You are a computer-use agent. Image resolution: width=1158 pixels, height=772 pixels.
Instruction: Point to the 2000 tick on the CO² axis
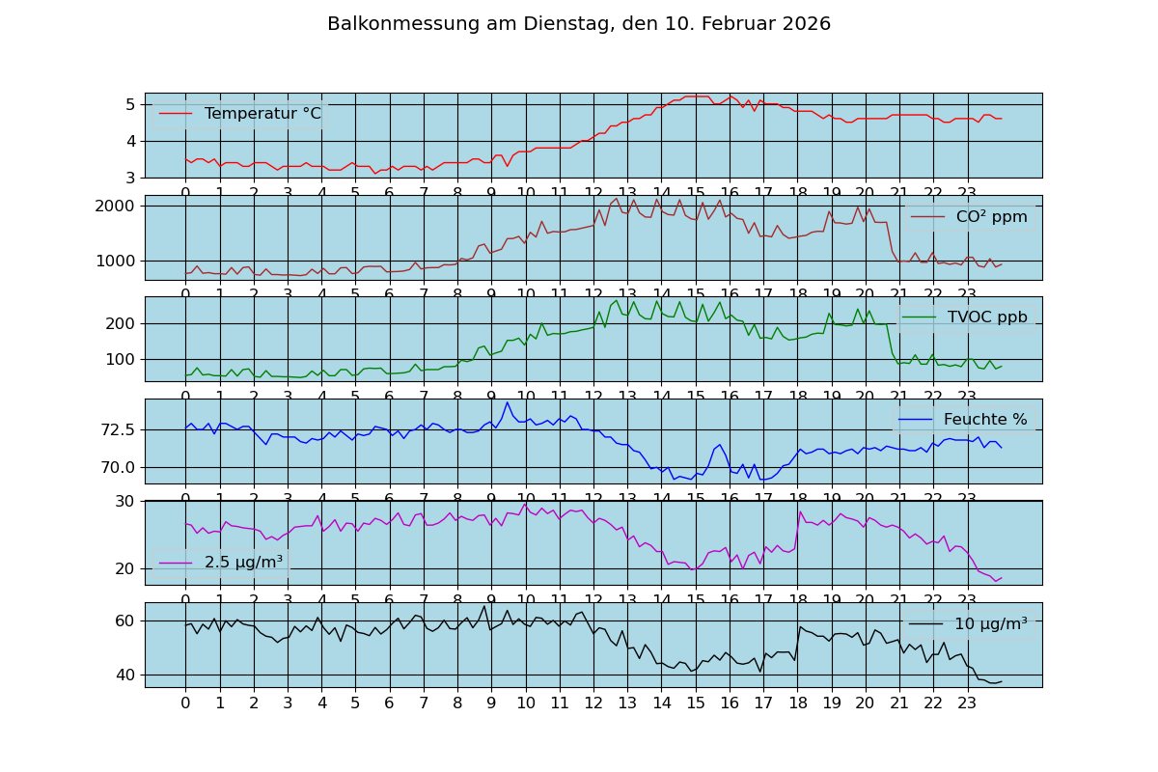pyautogui.click(x=120, y=206)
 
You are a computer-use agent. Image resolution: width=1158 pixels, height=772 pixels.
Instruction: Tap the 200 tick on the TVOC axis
pyautogui.click(x=124, y=323)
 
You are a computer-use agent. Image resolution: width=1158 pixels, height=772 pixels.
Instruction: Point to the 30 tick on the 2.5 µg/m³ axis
pyautogui.click(x=125, y=501)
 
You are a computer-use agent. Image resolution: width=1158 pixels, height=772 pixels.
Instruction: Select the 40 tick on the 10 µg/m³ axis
pyautogui.click(x=125, y=675)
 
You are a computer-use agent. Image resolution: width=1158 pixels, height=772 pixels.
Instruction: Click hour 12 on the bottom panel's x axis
pyautogui.click(x=593, y=703)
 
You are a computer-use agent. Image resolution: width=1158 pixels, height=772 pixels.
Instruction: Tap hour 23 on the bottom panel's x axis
pyautogui.click(x=967, y=703)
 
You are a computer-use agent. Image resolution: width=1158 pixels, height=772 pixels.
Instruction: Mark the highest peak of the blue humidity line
pyautogui.click(x=508, y=402)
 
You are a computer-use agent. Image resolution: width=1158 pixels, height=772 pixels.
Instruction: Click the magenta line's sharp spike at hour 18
pyautogui.click(x=799, y=511)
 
